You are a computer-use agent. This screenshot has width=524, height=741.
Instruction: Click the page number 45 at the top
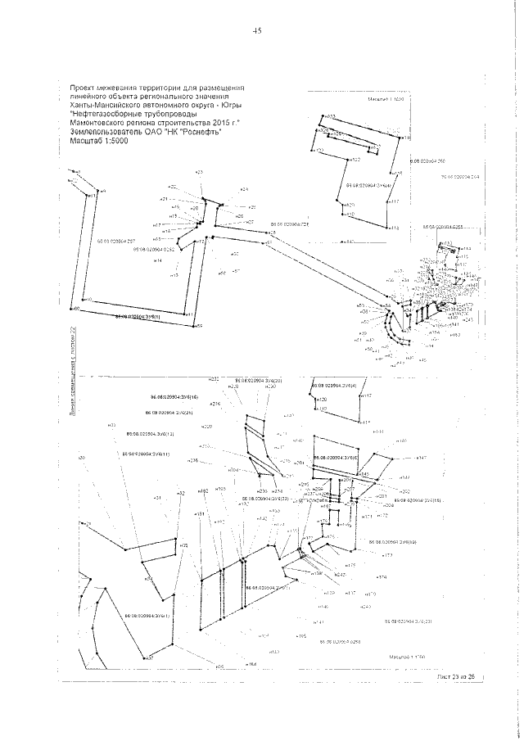click(x=256, y=30)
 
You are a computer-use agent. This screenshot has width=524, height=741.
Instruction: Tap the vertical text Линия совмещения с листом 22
click(x=73, y=380)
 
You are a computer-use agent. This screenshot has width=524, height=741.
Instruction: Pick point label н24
click(x=243, y=188)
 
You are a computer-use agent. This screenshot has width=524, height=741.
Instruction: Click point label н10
click(x=88, y=300)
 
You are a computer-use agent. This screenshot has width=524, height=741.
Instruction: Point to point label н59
click(x=197, y=326)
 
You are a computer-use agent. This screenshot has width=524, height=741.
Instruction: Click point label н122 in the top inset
click(x=355, y=160)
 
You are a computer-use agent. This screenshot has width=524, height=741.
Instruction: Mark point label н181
click(x=200, y=513)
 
